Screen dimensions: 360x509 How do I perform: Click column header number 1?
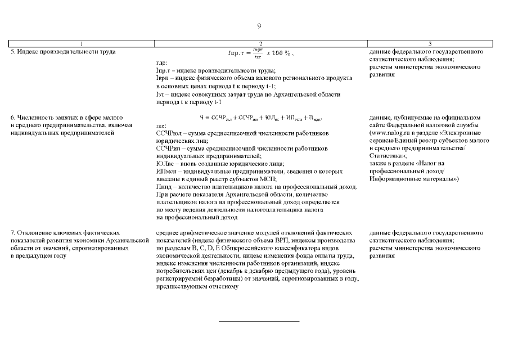[82, 44]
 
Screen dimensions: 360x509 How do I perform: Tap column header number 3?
[430, 44]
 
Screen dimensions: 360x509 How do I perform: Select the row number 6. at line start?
[13, 117]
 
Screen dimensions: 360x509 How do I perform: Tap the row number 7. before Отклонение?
[13, 232]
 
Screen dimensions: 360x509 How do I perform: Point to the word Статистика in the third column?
[387, 155]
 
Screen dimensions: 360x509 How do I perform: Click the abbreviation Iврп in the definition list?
[163, 78]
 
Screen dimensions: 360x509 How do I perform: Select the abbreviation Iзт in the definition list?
[161, 94]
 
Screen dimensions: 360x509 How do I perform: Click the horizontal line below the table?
[259, 321]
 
